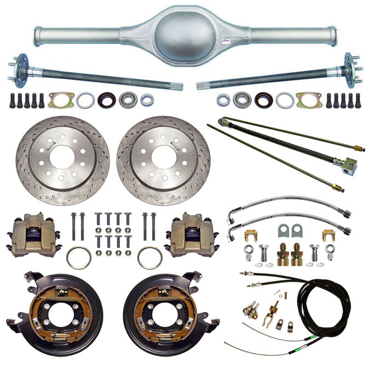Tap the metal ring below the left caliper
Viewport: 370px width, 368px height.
click(78, 257)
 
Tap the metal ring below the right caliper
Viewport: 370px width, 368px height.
click(149, 257)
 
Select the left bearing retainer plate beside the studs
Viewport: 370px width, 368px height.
click(59, 100)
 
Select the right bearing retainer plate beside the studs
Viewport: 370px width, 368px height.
click(309, 100)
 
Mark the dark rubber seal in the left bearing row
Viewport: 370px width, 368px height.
click(106, 100)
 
